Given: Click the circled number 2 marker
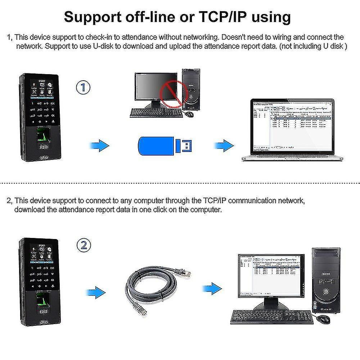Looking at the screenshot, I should tap(84, 246).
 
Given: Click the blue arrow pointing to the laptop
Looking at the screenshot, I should tap(224, 146).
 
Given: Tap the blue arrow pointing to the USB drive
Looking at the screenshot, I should tap(98, 146).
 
